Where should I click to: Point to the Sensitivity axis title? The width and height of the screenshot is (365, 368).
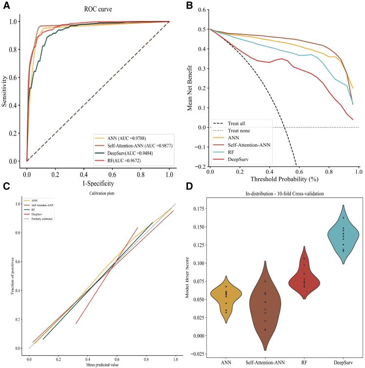[x=5, y=91]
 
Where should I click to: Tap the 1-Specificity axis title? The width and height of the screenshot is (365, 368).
[x=98, y=184]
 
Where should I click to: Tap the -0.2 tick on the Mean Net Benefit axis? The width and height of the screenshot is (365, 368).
[x=201, y=167]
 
